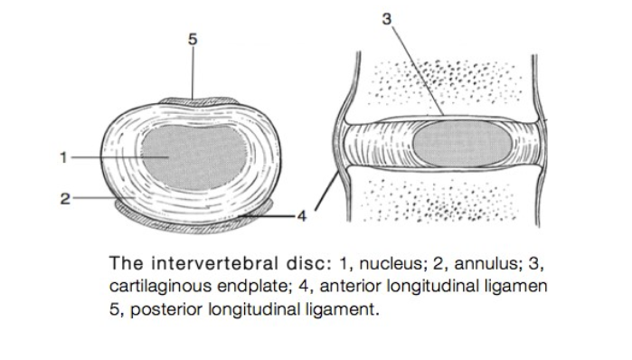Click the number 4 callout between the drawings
303,216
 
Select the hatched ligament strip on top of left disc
192,96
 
